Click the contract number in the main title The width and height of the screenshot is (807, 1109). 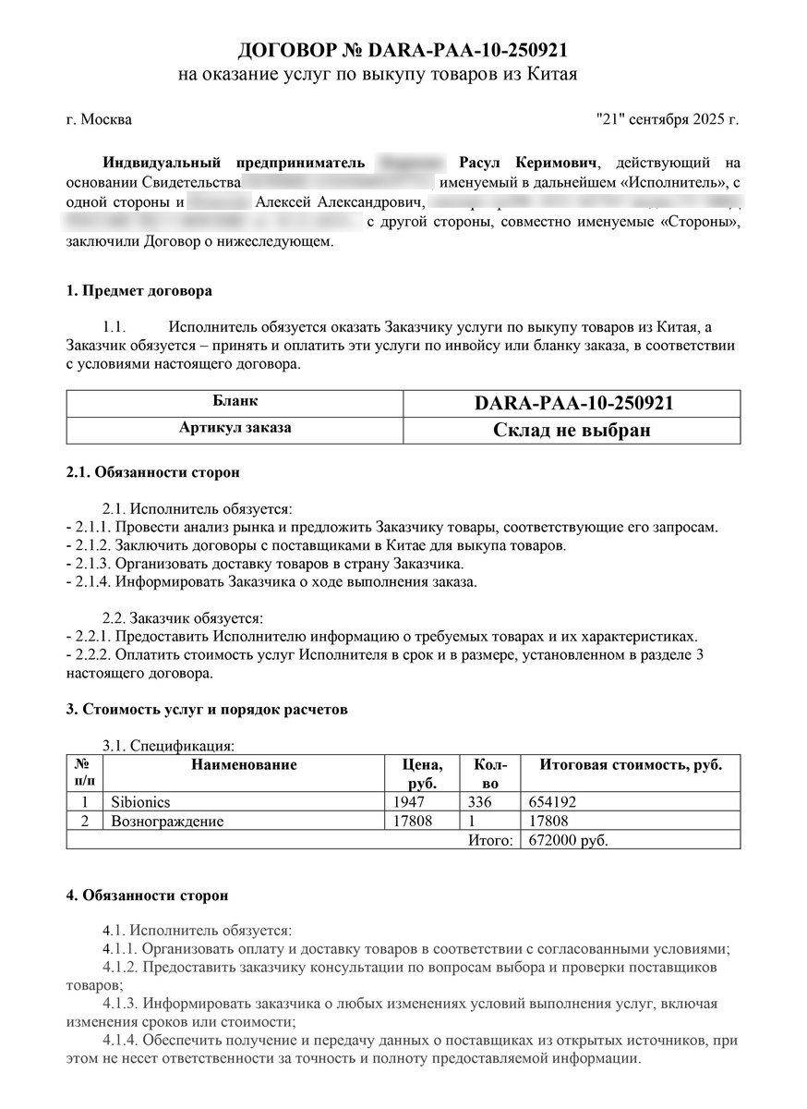click(466, 49)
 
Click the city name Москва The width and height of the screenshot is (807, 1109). click(106, 119)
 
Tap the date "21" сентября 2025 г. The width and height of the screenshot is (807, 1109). click(668, 119)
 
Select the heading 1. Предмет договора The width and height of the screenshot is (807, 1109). click(139, 291)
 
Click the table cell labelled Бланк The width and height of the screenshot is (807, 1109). click(235, 403)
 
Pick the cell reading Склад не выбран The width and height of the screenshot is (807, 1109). click(572, 431)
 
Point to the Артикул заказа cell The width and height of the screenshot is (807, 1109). click(235, 429)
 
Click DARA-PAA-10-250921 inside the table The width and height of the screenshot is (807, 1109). click(572, 404)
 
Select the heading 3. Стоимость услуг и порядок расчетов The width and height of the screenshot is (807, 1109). click(208, 710)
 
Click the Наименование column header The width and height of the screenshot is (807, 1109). click(244, 765)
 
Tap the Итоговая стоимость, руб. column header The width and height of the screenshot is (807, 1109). click(631, 765)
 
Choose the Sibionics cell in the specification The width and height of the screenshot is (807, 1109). click(140, 802)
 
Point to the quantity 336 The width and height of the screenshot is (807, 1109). click(481, 802)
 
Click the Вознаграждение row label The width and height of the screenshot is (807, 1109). click(167, 821)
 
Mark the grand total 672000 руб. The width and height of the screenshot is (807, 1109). click(565, 840)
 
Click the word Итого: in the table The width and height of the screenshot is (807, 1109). click(489, 840)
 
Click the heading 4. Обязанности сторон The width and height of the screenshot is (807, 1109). click(148, 896)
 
